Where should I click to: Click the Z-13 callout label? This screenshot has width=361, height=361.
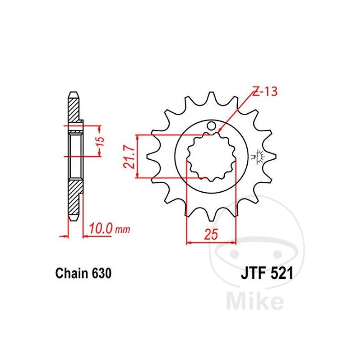[265, 91]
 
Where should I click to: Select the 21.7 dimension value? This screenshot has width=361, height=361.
[129, 157]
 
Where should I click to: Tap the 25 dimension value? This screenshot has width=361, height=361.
[211, 234]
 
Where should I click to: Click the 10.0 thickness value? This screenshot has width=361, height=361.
[101, 229]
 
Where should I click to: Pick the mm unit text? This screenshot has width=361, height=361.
[122, 230]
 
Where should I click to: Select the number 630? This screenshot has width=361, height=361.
[102, 273]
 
